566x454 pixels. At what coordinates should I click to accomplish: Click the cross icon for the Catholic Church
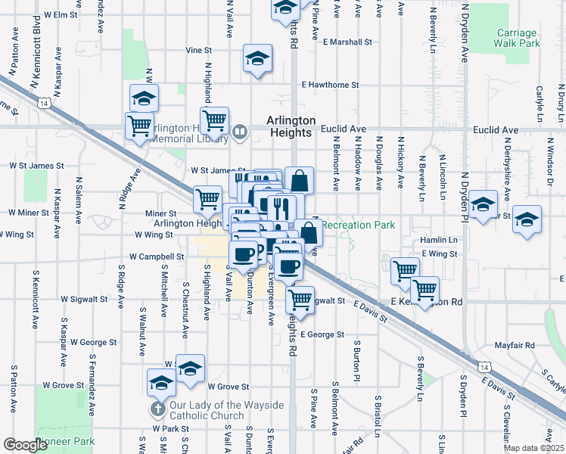(157, 409)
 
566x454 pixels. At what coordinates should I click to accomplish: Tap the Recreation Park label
(358, 225)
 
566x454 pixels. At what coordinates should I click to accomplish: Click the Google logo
(25, 445)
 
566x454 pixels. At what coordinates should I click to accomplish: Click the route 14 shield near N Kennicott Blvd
(46, 101)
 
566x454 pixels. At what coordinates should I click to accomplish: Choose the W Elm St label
(61, 14)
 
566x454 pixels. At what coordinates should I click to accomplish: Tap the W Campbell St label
(157, 257)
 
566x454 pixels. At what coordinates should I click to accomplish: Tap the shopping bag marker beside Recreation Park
(307, 232)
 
